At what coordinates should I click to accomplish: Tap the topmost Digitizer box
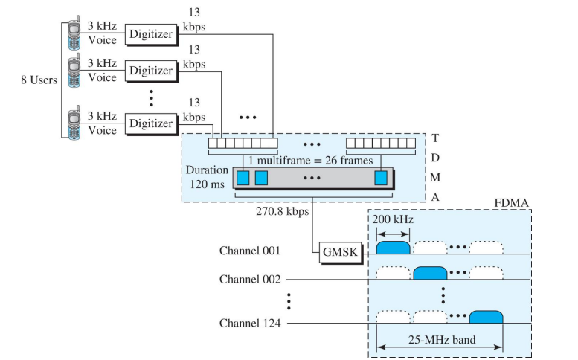pos(151,33)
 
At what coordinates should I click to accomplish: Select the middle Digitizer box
pos(151,71)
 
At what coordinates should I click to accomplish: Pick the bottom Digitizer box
pos(151,123)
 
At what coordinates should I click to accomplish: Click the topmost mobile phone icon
pos(74,34)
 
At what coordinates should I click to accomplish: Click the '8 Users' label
pos(39,80)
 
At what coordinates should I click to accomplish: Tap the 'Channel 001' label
pos(250,251)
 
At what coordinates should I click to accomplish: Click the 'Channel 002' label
pos(250,279)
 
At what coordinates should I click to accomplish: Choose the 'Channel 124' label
pos(250,324)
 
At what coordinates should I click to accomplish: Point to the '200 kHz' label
pos(394,221)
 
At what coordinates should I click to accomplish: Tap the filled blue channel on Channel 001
pos(394,247)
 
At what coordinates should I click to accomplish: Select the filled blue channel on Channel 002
pos(430,273)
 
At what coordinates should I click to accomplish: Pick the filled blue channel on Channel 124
pos(486,318)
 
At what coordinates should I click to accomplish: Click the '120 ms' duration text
pos(206,182)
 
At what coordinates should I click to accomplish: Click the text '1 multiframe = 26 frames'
pos(311,160)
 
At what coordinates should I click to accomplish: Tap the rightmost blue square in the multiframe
pos(381,178)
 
